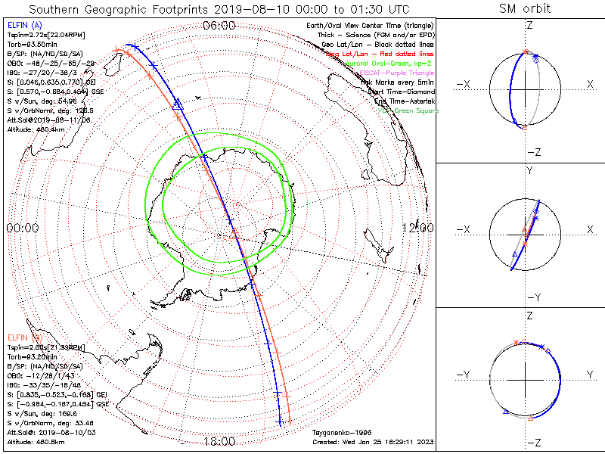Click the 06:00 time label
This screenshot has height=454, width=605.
(220, 26)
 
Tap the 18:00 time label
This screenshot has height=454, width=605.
(220, 441)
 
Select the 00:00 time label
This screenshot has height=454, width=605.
(23, 228)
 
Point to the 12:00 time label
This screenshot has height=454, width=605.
(417, 228)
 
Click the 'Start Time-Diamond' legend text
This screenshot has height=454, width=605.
(396, 92)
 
